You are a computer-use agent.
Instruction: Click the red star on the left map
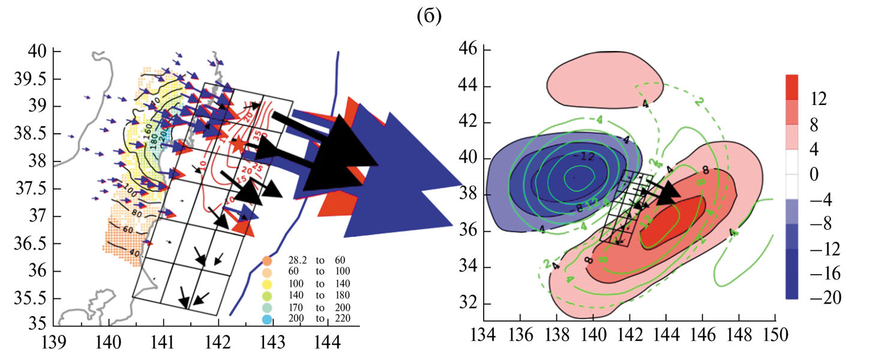pos(238,144)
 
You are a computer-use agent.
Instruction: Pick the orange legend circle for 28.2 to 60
pos(268,261)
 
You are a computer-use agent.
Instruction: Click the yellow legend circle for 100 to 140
pos(268,283)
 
